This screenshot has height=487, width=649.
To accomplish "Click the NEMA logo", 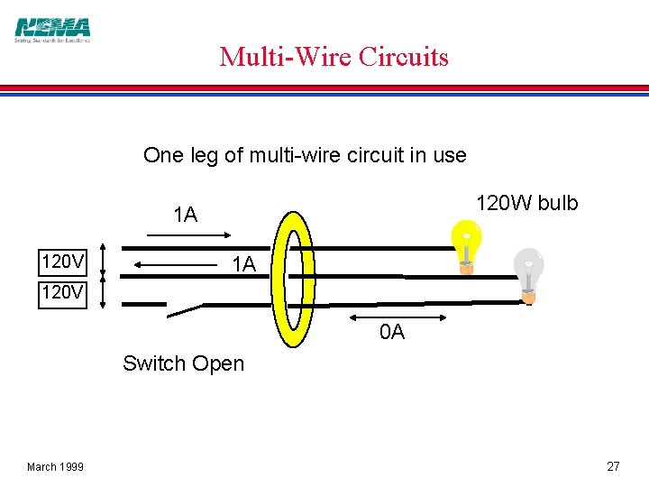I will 53,29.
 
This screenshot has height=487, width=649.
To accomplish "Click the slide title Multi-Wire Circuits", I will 334,57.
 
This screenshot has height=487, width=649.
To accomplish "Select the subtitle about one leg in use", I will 305,155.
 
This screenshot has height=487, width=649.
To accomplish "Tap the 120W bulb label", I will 526,203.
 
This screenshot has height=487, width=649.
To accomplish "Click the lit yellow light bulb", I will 466,242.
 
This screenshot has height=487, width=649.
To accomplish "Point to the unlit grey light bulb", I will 529,271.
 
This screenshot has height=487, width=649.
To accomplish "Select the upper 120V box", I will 63,263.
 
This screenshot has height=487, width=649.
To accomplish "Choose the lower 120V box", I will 63,294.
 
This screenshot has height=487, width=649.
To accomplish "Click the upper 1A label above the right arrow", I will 185,215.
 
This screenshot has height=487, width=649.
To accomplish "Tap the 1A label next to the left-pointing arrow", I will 244,265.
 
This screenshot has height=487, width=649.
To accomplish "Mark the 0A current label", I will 392,333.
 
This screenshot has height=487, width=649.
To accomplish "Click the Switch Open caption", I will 183,363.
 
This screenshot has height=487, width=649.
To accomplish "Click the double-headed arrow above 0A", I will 398,317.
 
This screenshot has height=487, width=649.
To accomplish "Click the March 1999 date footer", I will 55,466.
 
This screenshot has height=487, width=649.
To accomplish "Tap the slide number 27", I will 613,466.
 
